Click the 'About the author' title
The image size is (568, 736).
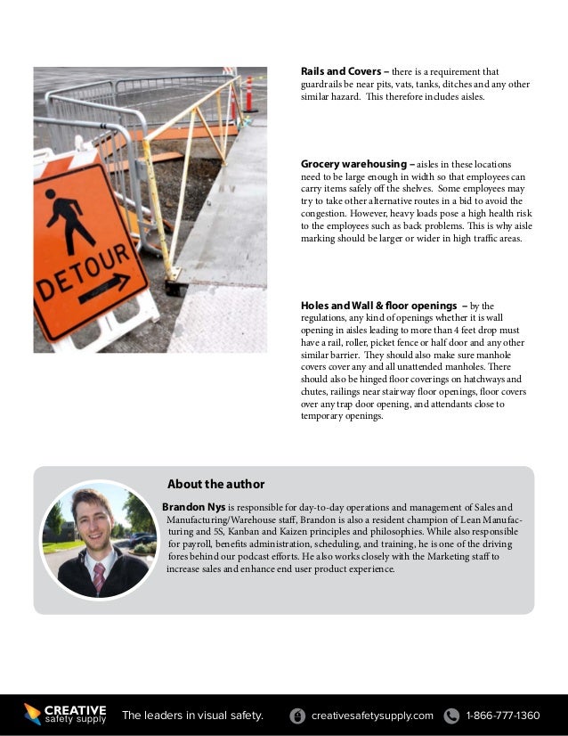tap(215, 484)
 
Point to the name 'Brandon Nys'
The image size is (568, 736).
tap(193, 507)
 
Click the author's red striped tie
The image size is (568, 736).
tap(98, 577)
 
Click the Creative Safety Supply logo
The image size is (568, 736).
tap(65, 715)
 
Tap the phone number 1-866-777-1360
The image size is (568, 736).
tap(503, 716)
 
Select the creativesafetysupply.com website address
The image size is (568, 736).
tap(372, 716)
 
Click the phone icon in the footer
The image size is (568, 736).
tap(451, 716)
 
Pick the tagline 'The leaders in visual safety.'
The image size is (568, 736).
tap(192, 716)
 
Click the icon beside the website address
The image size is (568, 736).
tap(297, 716)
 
